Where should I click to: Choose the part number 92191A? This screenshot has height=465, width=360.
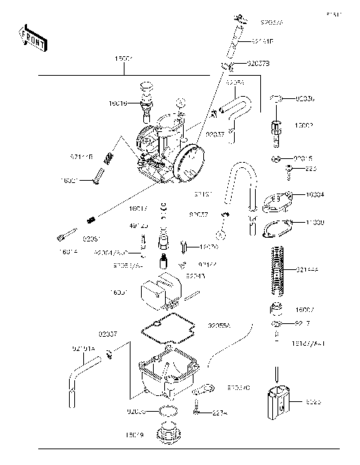click(x=83, y=348)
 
